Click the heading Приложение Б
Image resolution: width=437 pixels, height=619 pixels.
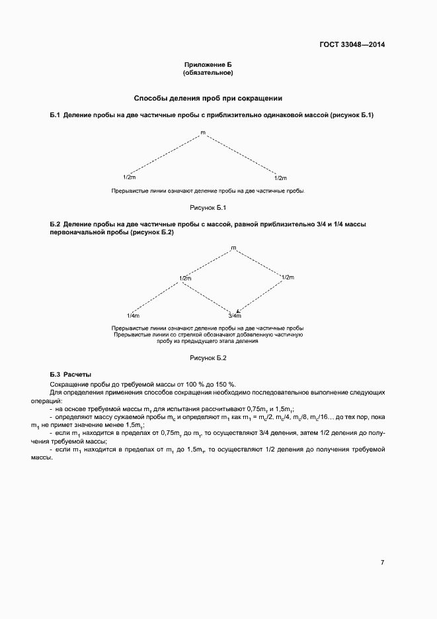(208, 65)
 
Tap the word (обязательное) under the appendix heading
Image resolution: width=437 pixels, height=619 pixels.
(208, 72)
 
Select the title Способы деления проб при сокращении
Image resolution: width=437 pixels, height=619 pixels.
(208, 98)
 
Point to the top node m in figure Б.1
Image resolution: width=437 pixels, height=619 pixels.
(203, 133)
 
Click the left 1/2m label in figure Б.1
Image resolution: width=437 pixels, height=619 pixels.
(130, 177)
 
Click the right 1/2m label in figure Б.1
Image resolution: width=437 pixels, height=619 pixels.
(280, 177)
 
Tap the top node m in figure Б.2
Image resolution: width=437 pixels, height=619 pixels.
(233, 248)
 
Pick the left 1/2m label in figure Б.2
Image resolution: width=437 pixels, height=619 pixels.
(185, 277)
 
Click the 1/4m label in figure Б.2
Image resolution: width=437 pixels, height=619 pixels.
(133, 315)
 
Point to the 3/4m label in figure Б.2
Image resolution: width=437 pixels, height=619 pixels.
(235, 315)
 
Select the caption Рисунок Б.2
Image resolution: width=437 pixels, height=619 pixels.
(208, 358)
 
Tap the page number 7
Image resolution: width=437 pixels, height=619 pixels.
(382, 562)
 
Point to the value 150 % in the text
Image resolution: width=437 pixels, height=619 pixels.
(226, 385)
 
